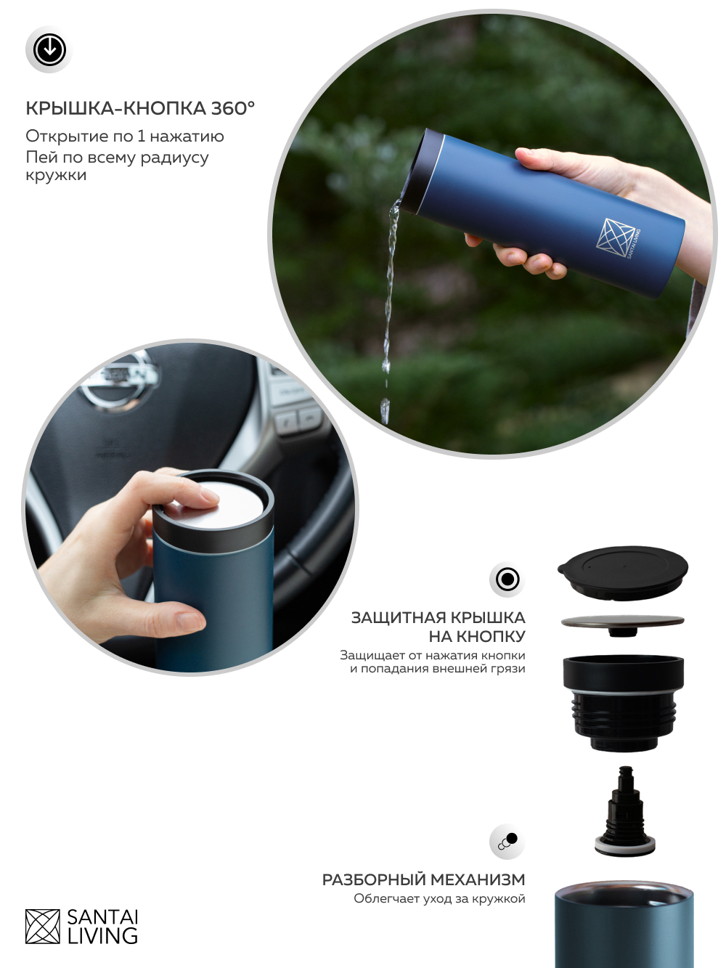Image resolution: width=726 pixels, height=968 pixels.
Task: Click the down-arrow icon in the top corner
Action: click(49, 49)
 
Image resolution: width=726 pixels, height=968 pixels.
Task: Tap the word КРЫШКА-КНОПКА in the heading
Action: click(116, 108)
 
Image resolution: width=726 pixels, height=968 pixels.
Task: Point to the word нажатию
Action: click(187, 137)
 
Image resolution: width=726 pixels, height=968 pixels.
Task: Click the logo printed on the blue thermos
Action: click(618, 239)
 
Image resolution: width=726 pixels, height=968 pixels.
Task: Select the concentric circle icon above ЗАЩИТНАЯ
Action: click(507, 579)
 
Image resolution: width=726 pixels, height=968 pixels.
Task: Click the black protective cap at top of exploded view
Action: click(622, 572)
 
